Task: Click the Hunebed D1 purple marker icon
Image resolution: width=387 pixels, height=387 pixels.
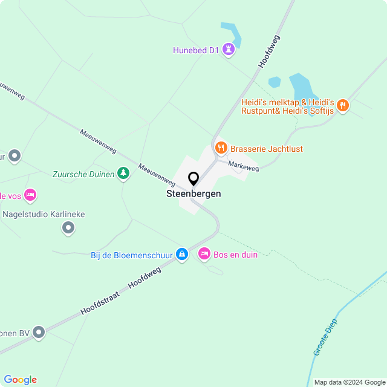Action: [x=228, y=49]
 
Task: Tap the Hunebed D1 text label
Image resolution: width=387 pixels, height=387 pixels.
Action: [x=195, y=51]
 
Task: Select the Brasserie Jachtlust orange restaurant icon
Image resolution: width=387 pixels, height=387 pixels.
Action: [x=221, y=147]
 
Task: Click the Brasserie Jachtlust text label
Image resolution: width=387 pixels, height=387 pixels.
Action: [x=267, y=149]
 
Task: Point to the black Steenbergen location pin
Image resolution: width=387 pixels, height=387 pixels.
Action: [x=193, y=179]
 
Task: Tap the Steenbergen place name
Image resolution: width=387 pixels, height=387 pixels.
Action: [x=193, y=194]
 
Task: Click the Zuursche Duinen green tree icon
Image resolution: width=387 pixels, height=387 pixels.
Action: [x=123, y=174]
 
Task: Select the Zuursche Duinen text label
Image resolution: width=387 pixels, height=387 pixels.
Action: [x=83, y=174]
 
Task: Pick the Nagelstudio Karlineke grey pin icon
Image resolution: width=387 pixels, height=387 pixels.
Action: [x=68, y=228]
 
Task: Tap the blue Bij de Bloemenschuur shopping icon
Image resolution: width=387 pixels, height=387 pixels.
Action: [x=181, y=255]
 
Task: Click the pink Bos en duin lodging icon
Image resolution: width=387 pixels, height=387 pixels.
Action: [x=204, y=254]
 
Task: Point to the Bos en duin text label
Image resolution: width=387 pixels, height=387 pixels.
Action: [x=235, y=255]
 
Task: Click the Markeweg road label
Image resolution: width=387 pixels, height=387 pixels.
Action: [x=244, y=165]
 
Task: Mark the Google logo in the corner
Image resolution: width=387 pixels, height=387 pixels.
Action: [x=20, y=379]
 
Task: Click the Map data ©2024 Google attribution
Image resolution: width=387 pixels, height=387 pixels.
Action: [x=350, y=382]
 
